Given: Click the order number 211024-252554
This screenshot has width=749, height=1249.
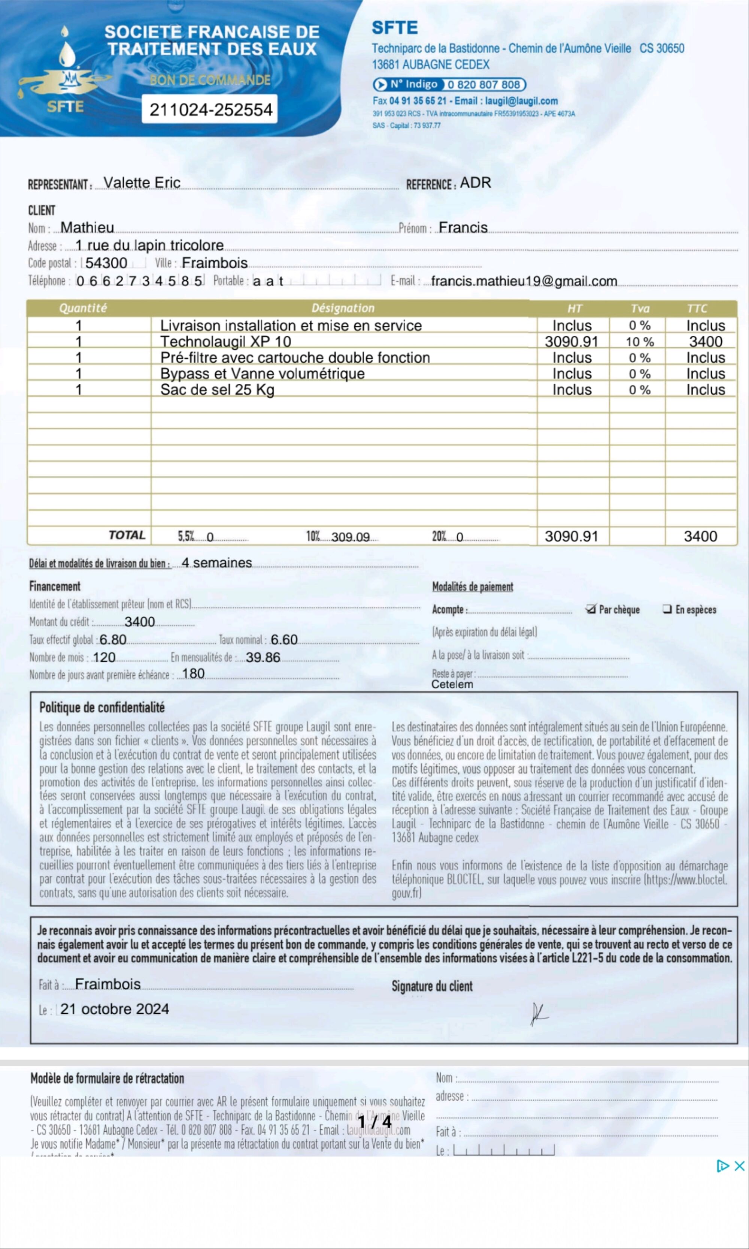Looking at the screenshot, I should point(210,109).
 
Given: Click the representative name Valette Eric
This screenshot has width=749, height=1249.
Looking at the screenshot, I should point(142,183).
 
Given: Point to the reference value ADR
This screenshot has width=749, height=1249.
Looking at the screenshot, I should point(475,183).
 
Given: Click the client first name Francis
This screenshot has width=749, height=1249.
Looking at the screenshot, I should point(463,228).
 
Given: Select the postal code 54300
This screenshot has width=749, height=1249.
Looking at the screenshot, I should point(106,263).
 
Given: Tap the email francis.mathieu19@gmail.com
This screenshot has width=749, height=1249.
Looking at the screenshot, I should point(524,281).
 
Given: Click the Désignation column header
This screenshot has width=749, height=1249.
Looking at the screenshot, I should point(343,308).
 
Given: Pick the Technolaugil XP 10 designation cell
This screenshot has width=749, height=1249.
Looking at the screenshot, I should point(225,342).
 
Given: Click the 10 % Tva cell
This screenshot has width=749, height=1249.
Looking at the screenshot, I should point(640,342).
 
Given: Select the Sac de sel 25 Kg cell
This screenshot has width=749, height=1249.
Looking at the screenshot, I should point(217,390).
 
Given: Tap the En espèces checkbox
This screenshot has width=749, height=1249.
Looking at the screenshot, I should point(667,609).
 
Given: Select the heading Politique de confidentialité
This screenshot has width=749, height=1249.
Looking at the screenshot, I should point(102,708).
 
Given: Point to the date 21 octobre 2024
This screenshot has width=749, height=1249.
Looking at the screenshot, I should point(115,1009).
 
